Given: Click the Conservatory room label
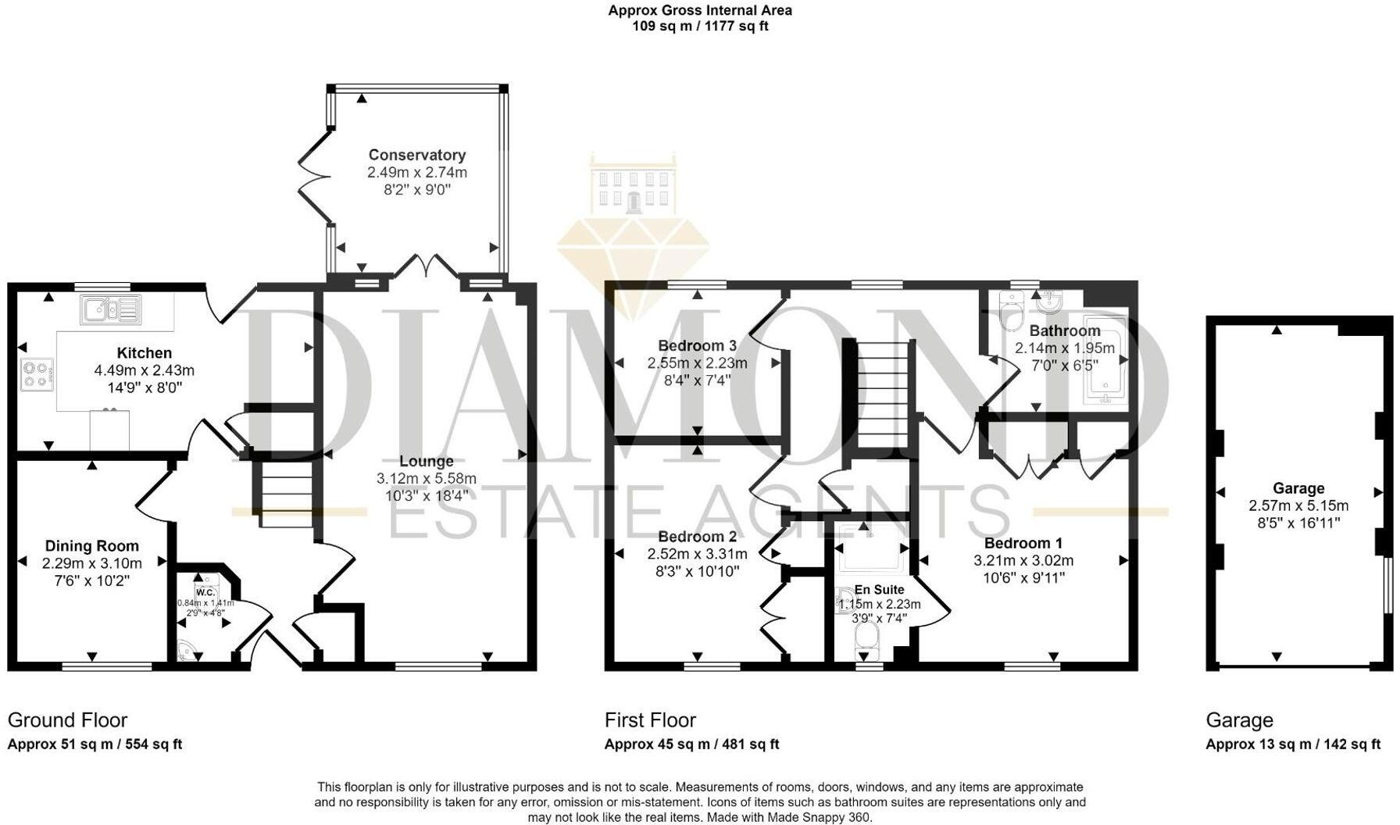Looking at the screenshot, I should click(416, 155).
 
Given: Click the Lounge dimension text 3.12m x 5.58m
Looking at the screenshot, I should click(426, 479).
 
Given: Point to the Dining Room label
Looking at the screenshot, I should click(91, 546).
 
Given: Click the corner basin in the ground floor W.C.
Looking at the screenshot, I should click(185, 651).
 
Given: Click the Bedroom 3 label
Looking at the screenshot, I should click(697, 345).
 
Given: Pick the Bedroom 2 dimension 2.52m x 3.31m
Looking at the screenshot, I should click(697, 554).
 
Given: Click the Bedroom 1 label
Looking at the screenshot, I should click(1023, 543).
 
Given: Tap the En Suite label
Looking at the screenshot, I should click(879, 590).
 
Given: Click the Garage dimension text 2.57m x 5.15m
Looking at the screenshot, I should click(1298, 506).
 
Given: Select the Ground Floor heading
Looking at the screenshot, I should click(67, 720).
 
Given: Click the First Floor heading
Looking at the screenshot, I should click(650, 720).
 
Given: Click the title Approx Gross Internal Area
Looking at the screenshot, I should click(700, 10).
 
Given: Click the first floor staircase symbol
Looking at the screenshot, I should click(885, 394).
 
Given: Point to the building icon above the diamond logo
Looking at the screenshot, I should click(633, 184).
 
